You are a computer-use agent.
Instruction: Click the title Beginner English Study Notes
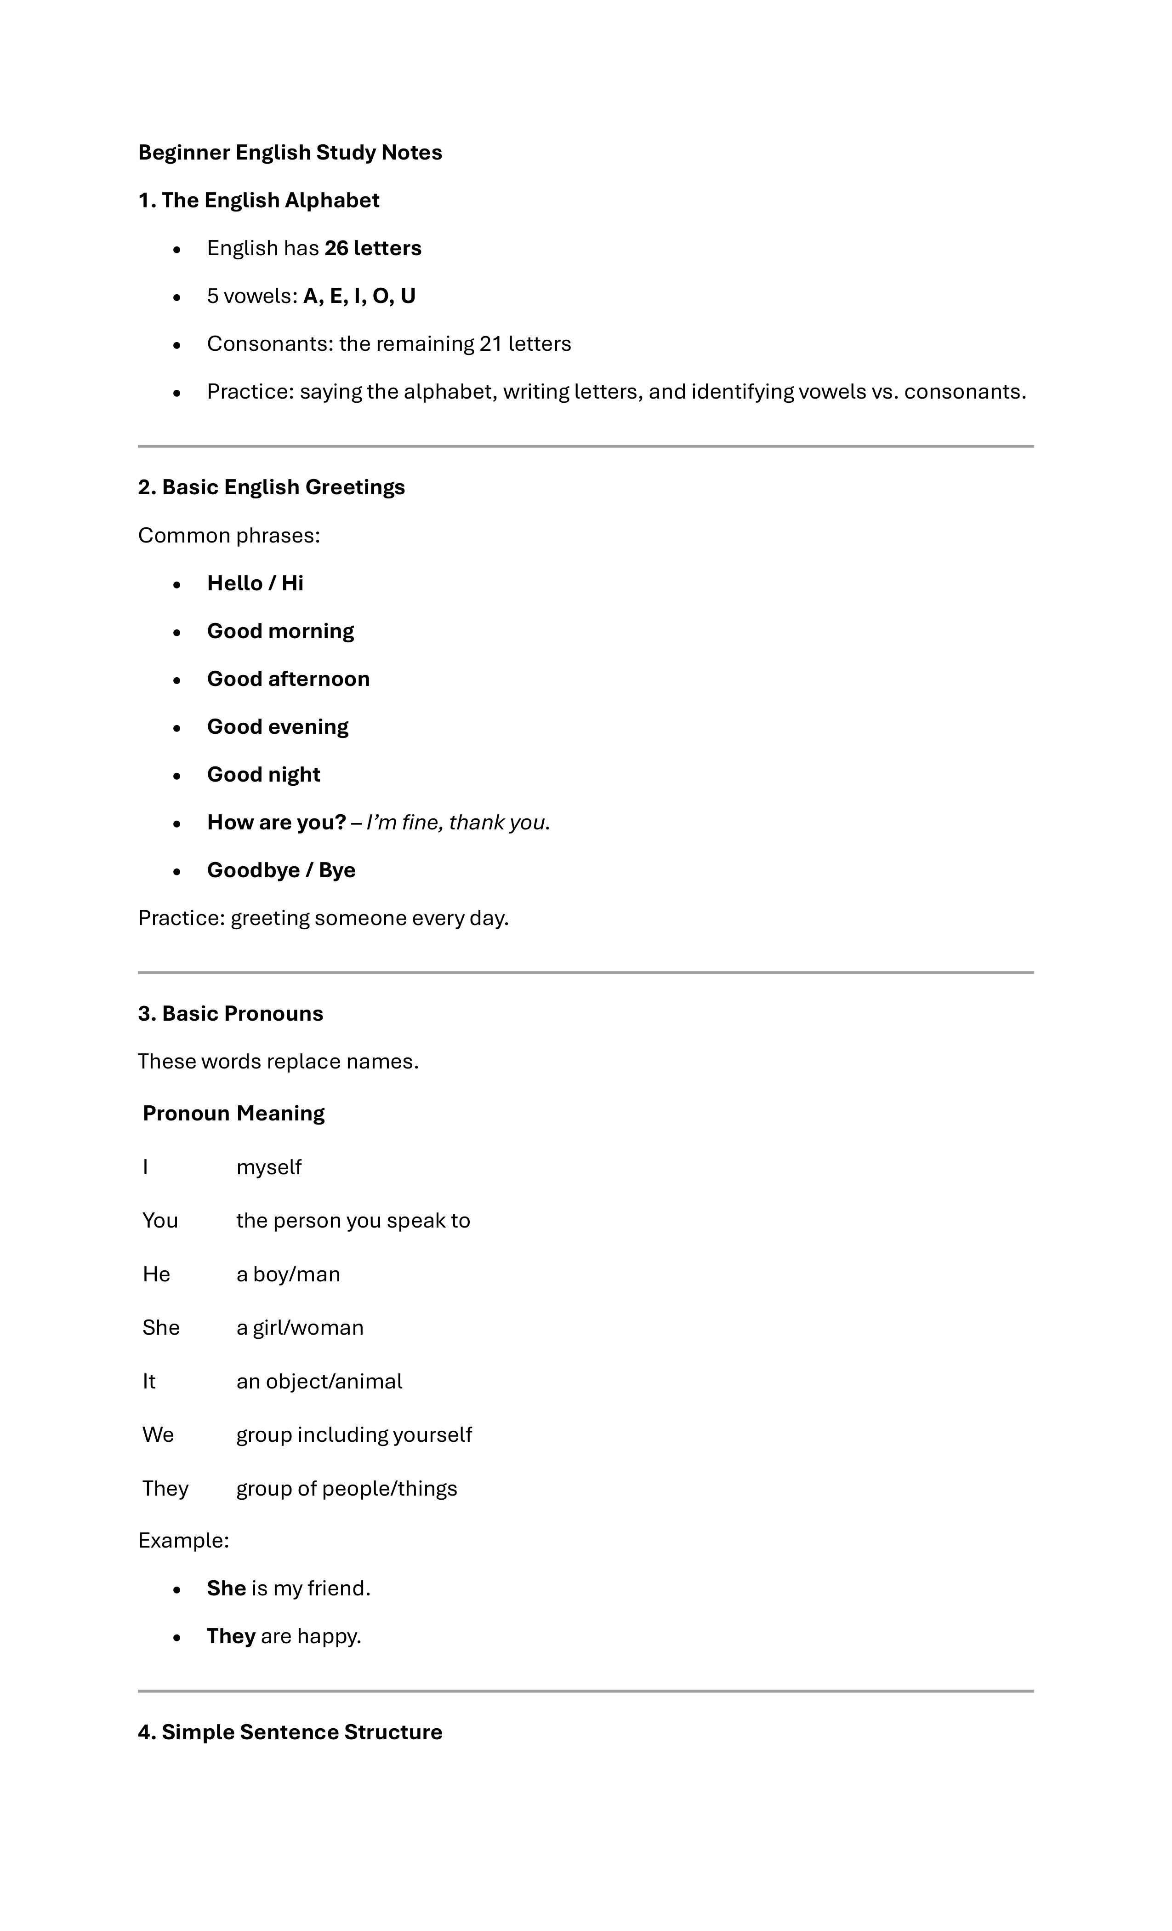pos(290,152)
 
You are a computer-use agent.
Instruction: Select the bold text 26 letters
pos(372,248)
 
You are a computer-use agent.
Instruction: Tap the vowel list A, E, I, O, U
pos(359,296)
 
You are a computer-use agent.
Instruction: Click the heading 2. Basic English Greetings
pos(271,487)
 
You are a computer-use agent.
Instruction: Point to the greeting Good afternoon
pos(288,679)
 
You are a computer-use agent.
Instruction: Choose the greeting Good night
pos(263,774)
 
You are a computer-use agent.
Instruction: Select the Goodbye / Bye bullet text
pos(280,870)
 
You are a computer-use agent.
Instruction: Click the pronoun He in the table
pos(156,1274)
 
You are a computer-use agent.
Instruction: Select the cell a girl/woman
pos(299,1328)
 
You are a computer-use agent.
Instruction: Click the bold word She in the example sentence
pos(227,1588)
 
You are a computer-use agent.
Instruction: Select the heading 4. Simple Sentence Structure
pos(290,1732)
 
